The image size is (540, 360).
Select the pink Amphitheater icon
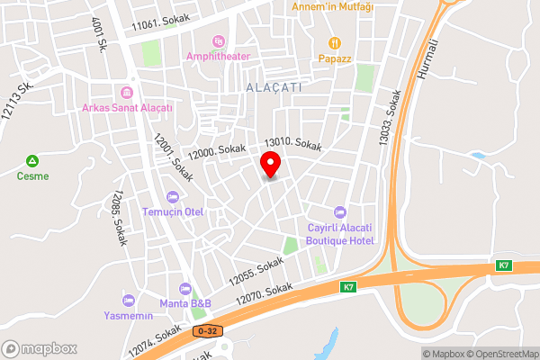point(218,41)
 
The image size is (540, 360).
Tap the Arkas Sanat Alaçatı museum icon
point(127,93)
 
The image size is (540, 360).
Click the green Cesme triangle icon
point(32,161)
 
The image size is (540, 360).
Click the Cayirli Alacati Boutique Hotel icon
point(339,212)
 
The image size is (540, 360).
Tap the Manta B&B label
point(185,303)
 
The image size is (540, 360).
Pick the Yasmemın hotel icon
point(127,300)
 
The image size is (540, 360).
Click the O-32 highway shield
point(206,331)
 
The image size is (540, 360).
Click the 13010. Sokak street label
point(292,143)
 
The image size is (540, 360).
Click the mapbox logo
point(40,348)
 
